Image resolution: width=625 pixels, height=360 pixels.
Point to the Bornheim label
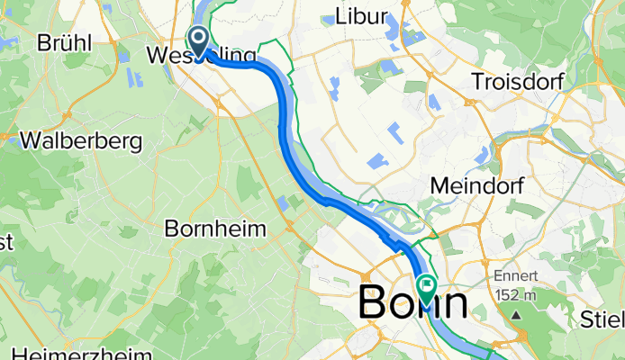(x=215, y=229)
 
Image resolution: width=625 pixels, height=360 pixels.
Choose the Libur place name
(x=360, y=16)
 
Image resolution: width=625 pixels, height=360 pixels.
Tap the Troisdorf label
(x=517, y=81)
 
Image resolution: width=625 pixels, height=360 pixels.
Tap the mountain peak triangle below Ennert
(x=518, y=315)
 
